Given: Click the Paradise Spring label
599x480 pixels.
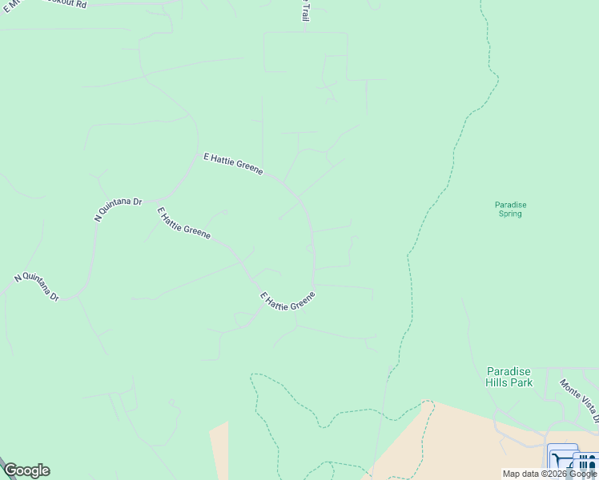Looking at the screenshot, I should coord(510,209).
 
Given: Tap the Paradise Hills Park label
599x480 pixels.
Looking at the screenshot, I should coord(509,377).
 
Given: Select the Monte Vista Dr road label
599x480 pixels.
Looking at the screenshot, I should coord(578,400).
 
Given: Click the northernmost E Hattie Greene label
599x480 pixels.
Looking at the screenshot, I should coord(233,164).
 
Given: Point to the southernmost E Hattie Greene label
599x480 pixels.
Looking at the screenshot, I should coord(288,302).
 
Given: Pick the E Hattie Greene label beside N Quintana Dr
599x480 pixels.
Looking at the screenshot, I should coord(183,223).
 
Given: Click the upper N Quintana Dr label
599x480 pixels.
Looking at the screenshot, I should coord(118,209).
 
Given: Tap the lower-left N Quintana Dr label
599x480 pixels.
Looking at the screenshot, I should coord(37,287).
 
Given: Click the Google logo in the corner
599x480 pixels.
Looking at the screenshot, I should coord(26,470).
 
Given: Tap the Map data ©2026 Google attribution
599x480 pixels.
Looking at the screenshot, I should coord(549,474).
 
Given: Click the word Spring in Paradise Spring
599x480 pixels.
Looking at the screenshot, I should coord(510,214).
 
